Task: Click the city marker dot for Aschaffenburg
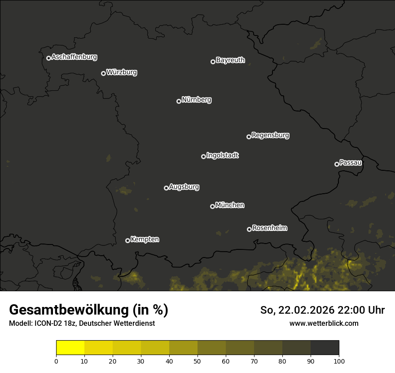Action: point(48,58)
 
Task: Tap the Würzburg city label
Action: point(122,72)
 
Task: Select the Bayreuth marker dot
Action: point(213,62)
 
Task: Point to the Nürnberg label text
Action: point(197,100)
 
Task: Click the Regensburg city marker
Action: point(249,137)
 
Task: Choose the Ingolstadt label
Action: point(223,155)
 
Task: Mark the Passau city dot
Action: point(337,164)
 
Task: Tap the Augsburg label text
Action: point(184,187)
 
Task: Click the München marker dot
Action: point(212,206)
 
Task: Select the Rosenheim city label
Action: point(269,228)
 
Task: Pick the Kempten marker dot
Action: point(127,240)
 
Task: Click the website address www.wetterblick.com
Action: point(324,323)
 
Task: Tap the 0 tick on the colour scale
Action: point(56,361)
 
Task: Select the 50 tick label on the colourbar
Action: point(197,361)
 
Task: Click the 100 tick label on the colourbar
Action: point(339,361)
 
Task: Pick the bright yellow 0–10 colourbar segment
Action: point(70,348)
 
